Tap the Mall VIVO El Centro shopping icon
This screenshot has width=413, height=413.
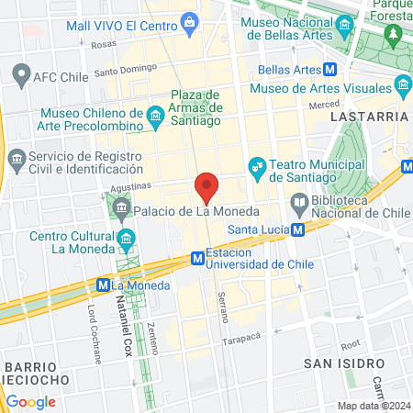tap(189, 20)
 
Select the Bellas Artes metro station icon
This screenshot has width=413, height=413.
tap(329, 69)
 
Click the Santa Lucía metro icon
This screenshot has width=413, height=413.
tap(297, 229)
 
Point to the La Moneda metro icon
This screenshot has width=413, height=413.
tap(105, 285)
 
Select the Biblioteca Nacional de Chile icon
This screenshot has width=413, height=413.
tap(299, 202)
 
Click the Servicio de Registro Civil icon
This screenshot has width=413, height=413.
tap(17, 159)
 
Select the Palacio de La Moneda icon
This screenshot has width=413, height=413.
tap(123, 211)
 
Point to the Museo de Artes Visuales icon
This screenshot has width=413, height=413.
tap(403, 88)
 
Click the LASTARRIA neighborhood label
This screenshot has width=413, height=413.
tap(370, 117)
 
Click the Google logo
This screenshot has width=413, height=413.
tap(31, 401)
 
